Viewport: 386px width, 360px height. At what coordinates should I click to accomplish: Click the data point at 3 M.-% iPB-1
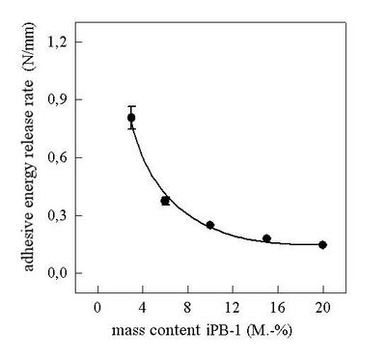tap(131, 118)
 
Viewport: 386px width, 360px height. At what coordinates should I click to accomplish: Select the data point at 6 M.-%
tap(165, 201)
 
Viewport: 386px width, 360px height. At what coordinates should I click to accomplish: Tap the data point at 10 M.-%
tap(210, 225)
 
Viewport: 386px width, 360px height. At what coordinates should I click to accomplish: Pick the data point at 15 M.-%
tap(266, 238)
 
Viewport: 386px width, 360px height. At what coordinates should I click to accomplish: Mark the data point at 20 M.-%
tap(323, 245)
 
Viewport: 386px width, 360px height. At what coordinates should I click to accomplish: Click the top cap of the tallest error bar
tap(131, 106)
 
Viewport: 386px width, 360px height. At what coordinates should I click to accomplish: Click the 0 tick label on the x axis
tap(97, 308)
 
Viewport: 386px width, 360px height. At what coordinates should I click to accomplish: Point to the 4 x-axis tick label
tap(143, 308)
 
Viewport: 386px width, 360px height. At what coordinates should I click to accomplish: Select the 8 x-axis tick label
tap(187, 308)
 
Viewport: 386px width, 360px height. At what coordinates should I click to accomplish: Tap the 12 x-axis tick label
tap(233, 308)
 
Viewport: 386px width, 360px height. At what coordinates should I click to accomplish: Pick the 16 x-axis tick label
tap(278, 308)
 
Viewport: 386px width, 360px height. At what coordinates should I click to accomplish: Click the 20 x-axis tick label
tap(323, 308)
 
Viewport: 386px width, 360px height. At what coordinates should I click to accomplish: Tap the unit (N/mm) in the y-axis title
tap(29, 46)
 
